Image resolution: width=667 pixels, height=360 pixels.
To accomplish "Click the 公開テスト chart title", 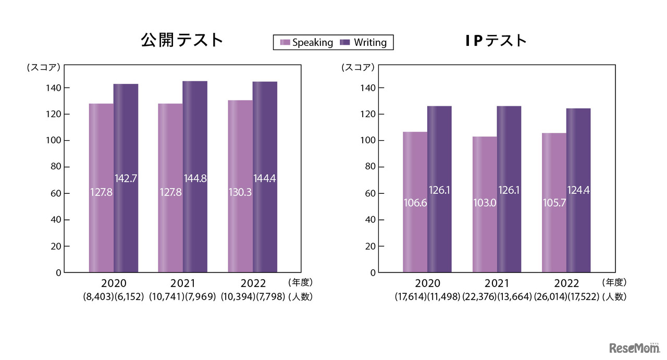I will pyautogui.click(x=182, y=40).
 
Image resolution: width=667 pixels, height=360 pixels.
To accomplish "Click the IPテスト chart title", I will pyautogui.click(x=496, y=40).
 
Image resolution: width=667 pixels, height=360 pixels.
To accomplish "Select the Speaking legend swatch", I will pyautogui.click(x=285, y=43).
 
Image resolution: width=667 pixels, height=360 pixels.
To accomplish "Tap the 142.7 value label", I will pyautogui.click(x=126, y=178).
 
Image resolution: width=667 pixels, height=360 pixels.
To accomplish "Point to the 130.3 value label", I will pyautogui.click(x=240, y=192).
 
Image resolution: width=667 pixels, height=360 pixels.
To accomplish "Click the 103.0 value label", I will pyautogui.click(x=485, y=203).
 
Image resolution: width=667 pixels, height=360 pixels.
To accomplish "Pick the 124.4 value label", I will pyautogui.click(x=578, y=191).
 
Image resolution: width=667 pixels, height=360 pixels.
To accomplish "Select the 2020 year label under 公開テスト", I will pyautogui.click(x=114, y=283).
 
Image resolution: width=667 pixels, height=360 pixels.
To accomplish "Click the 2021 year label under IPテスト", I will pyautogui.click(x=497, y=283).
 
